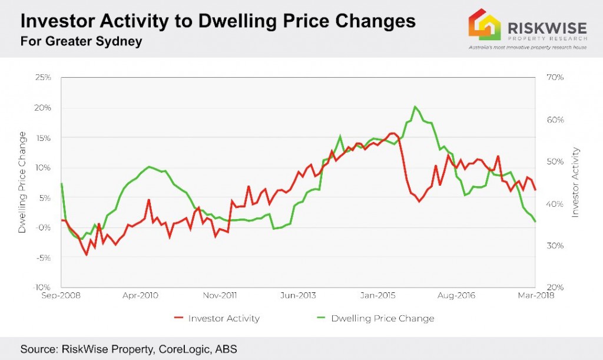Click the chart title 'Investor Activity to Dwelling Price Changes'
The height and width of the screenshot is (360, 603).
pyautogui.click(x=218, y=21)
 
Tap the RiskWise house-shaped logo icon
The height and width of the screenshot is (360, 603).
pyautogui.click(x=484, y=25)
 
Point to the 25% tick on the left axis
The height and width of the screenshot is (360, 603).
pyautogui.click(x=43, y=78)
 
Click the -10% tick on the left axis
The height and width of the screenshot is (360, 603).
pyautogui.click(x=42, y=288)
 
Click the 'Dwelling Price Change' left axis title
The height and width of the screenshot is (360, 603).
pyautogui.click(x=22, y=182)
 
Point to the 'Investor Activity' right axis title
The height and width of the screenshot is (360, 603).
pyautogui.click(x=575, y=182)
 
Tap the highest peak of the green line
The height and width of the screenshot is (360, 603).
pyautogui.click(x=415, y=107)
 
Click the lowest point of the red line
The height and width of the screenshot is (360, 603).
pyautogui.click(x=87, y=255)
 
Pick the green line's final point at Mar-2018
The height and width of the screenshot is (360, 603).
pyautogui.click(x=535, y=222)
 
